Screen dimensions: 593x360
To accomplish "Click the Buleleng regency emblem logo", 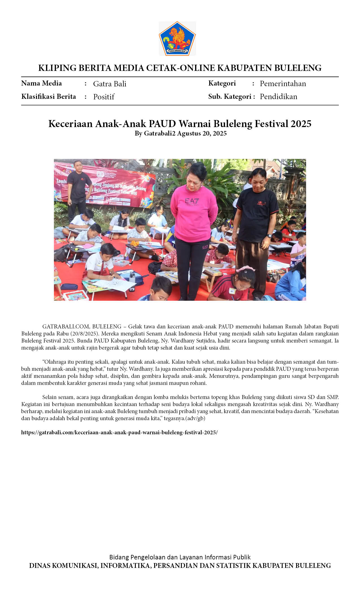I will (x=177, y=38).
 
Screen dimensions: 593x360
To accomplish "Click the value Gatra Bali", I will (x=110, y=84).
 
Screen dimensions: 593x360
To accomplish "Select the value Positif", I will (x=104, y=97).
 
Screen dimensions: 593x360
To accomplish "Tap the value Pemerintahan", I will (x=283, y=84).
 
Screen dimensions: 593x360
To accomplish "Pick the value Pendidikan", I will (x=278, y=97).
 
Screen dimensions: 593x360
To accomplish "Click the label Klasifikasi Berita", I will (x=49, y=97).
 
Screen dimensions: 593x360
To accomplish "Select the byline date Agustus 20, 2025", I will (x=202, y=133).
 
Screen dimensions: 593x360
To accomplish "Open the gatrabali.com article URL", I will (x=119, y=432).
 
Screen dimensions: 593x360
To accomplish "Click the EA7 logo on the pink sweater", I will (x=192, y=201).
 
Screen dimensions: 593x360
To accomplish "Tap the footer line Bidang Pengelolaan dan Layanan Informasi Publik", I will (x=180, y=557).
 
